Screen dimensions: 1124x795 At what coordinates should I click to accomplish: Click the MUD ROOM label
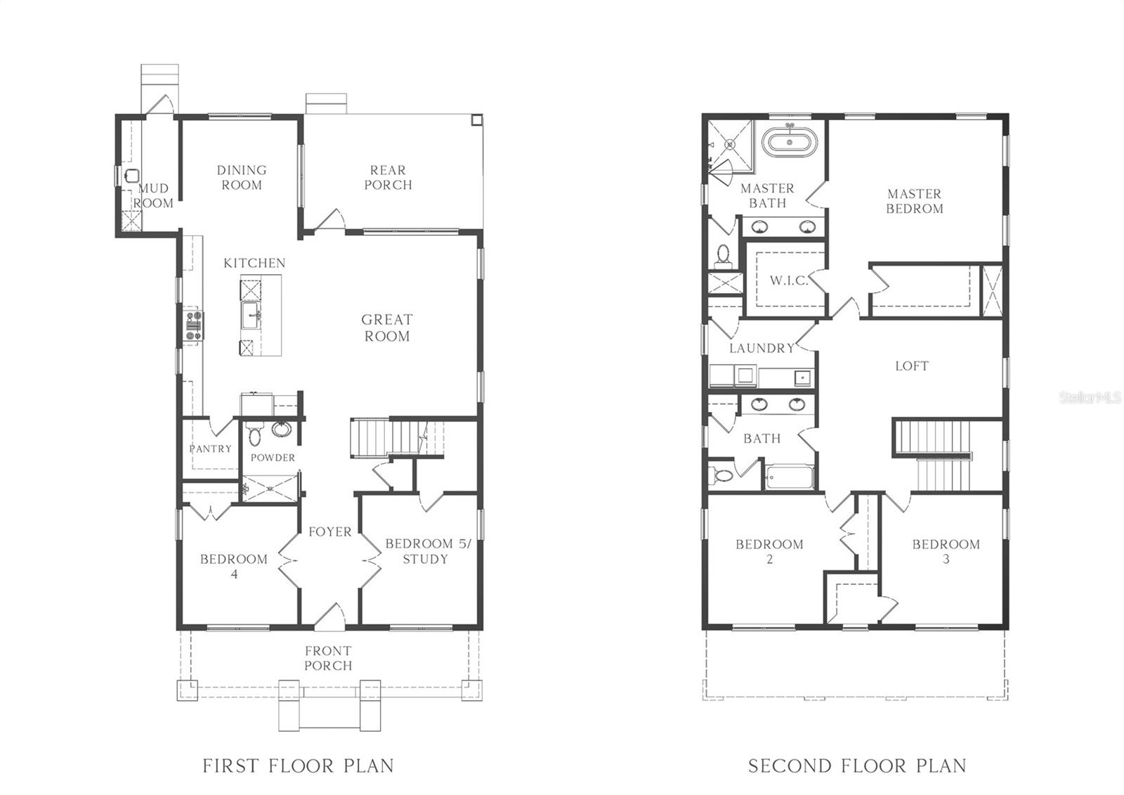click(x=153, y=196)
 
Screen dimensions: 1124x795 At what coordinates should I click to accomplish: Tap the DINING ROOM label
click(x=242, y=178)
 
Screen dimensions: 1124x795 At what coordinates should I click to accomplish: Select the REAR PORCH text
click(x=388, y=178)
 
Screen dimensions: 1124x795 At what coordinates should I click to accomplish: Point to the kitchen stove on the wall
click(x=194, y=326)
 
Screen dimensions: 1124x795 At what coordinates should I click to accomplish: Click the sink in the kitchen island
click(x=251, y=316)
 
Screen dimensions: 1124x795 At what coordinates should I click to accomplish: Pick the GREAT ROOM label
click(x=387, y=328)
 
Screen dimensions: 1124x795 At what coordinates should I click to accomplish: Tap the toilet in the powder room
click(x=255, y=434)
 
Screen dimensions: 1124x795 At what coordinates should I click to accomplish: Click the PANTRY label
click(x=210, y=449)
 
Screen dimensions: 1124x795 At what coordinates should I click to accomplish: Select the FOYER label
click(x=329, y=532)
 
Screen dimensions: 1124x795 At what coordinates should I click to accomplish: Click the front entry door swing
click(x=329, y=616)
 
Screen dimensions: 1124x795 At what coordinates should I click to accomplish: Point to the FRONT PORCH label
click(x=328, y=659)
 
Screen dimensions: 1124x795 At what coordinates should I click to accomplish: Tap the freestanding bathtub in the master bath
click(x=790, y=142)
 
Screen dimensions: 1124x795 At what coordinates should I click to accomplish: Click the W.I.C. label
click(x=789, y=280)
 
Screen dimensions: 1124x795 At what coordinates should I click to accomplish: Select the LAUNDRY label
click(x=762, y=349)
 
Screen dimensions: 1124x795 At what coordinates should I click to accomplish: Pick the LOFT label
click(x=912, y=366)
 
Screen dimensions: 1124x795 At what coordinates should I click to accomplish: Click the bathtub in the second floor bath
click(x=790, y=477)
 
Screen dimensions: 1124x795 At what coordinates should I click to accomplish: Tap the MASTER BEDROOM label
click(x=914, y=202)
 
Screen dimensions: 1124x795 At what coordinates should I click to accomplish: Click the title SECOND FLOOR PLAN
click(x=857, y=766)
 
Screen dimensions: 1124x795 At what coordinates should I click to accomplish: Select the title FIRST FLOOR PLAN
click(x=298, y=766)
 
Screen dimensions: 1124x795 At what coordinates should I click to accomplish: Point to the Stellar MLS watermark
click(x=1090, y=398)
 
